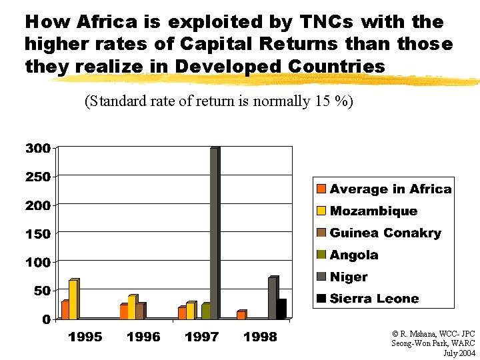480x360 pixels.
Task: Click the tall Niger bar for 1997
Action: coord(214,233)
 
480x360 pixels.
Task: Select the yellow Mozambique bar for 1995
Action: coord(73,299)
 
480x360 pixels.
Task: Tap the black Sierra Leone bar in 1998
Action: coord(282,309)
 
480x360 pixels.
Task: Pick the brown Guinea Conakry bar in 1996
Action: coord(139,311)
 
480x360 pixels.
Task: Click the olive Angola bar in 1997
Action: coord(205,311)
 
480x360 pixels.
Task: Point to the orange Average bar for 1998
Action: coord(240,315)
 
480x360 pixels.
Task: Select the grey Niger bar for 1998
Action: coord(273,298)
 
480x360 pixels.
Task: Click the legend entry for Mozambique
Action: coord(373,211)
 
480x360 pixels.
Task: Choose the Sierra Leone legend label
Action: coord(374,299)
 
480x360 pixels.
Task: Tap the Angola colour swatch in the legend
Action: coord(321,255)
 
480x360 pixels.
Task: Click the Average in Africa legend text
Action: coord(390,189)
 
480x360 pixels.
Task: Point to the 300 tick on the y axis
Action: coord(37,148)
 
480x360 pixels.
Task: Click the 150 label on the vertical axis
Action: coord(37,234)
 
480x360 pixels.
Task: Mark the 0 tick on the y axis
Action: coord(46,319)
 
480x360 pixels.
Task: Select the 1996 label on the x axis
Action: coord(143,337)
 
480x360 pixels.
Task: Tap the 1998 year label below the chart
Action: coord(260,337)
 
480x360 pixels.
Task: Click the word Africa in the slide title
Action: coord(107,22)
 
